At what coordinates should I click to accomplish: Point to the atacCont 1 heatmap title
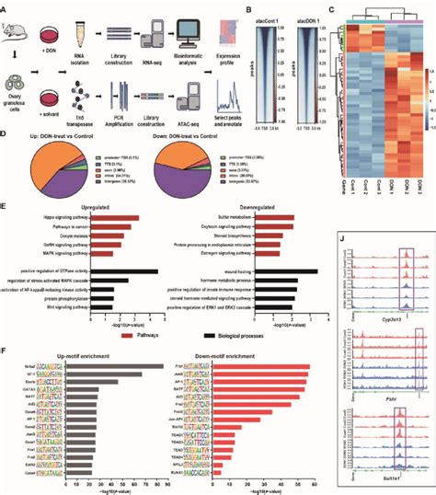coord(255,11)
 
